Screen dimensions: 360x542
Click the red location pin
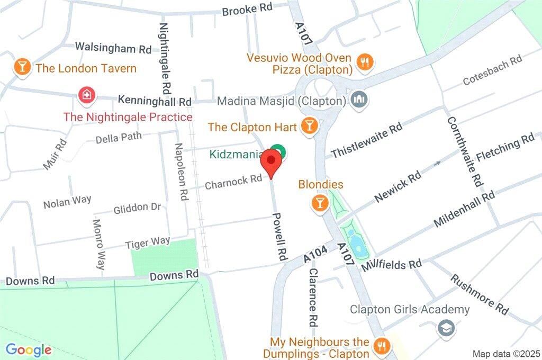272,161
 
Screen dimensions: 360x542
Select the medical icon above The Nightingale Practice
85,96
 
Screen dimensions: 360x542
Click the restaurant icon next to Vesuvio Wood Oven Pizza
365,62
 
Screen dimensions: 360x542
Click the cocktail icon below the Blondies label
319,203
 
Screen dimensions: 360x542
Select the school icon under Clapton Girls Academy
445,328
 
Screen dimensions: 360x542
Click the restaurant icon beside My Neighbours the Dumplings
381,347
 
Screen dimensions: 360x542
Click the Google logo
29,349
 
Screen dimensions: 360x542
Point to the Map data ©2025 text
505,353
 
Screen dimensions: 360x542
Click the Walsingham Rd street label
113,48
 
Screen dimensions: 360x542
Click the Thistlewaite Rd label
367,140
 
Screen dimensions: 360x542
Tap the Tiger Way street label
147,243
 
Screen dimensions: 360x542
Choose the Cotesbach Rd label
492,70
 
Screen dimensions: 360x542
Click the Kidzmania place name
236,155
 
